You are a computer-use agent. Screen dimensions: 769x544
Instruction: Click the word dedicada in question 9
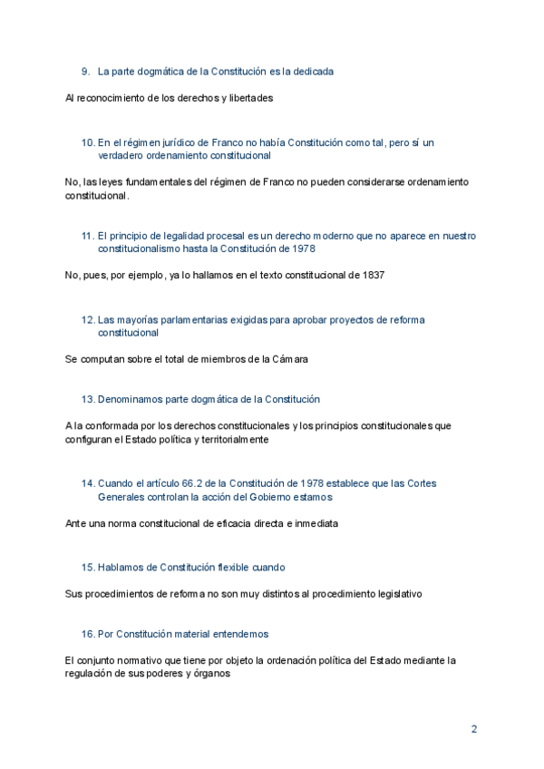314,71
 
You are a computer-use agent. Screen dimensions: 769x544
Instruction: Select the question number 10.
88,142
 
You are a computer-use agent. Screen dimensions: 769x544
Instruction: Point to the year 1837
373,275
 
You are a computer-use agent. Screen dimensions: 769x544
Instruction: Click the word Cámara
287,359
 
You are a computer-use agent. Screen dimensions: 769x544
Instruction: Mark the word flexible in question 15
236,567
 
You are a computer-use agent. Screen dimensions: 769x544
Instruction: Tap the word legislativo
395,594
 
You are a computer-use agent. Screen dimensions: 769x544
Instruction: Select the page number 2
473,729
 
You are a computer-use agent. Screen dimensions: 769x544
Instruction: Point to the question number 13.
88,399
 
